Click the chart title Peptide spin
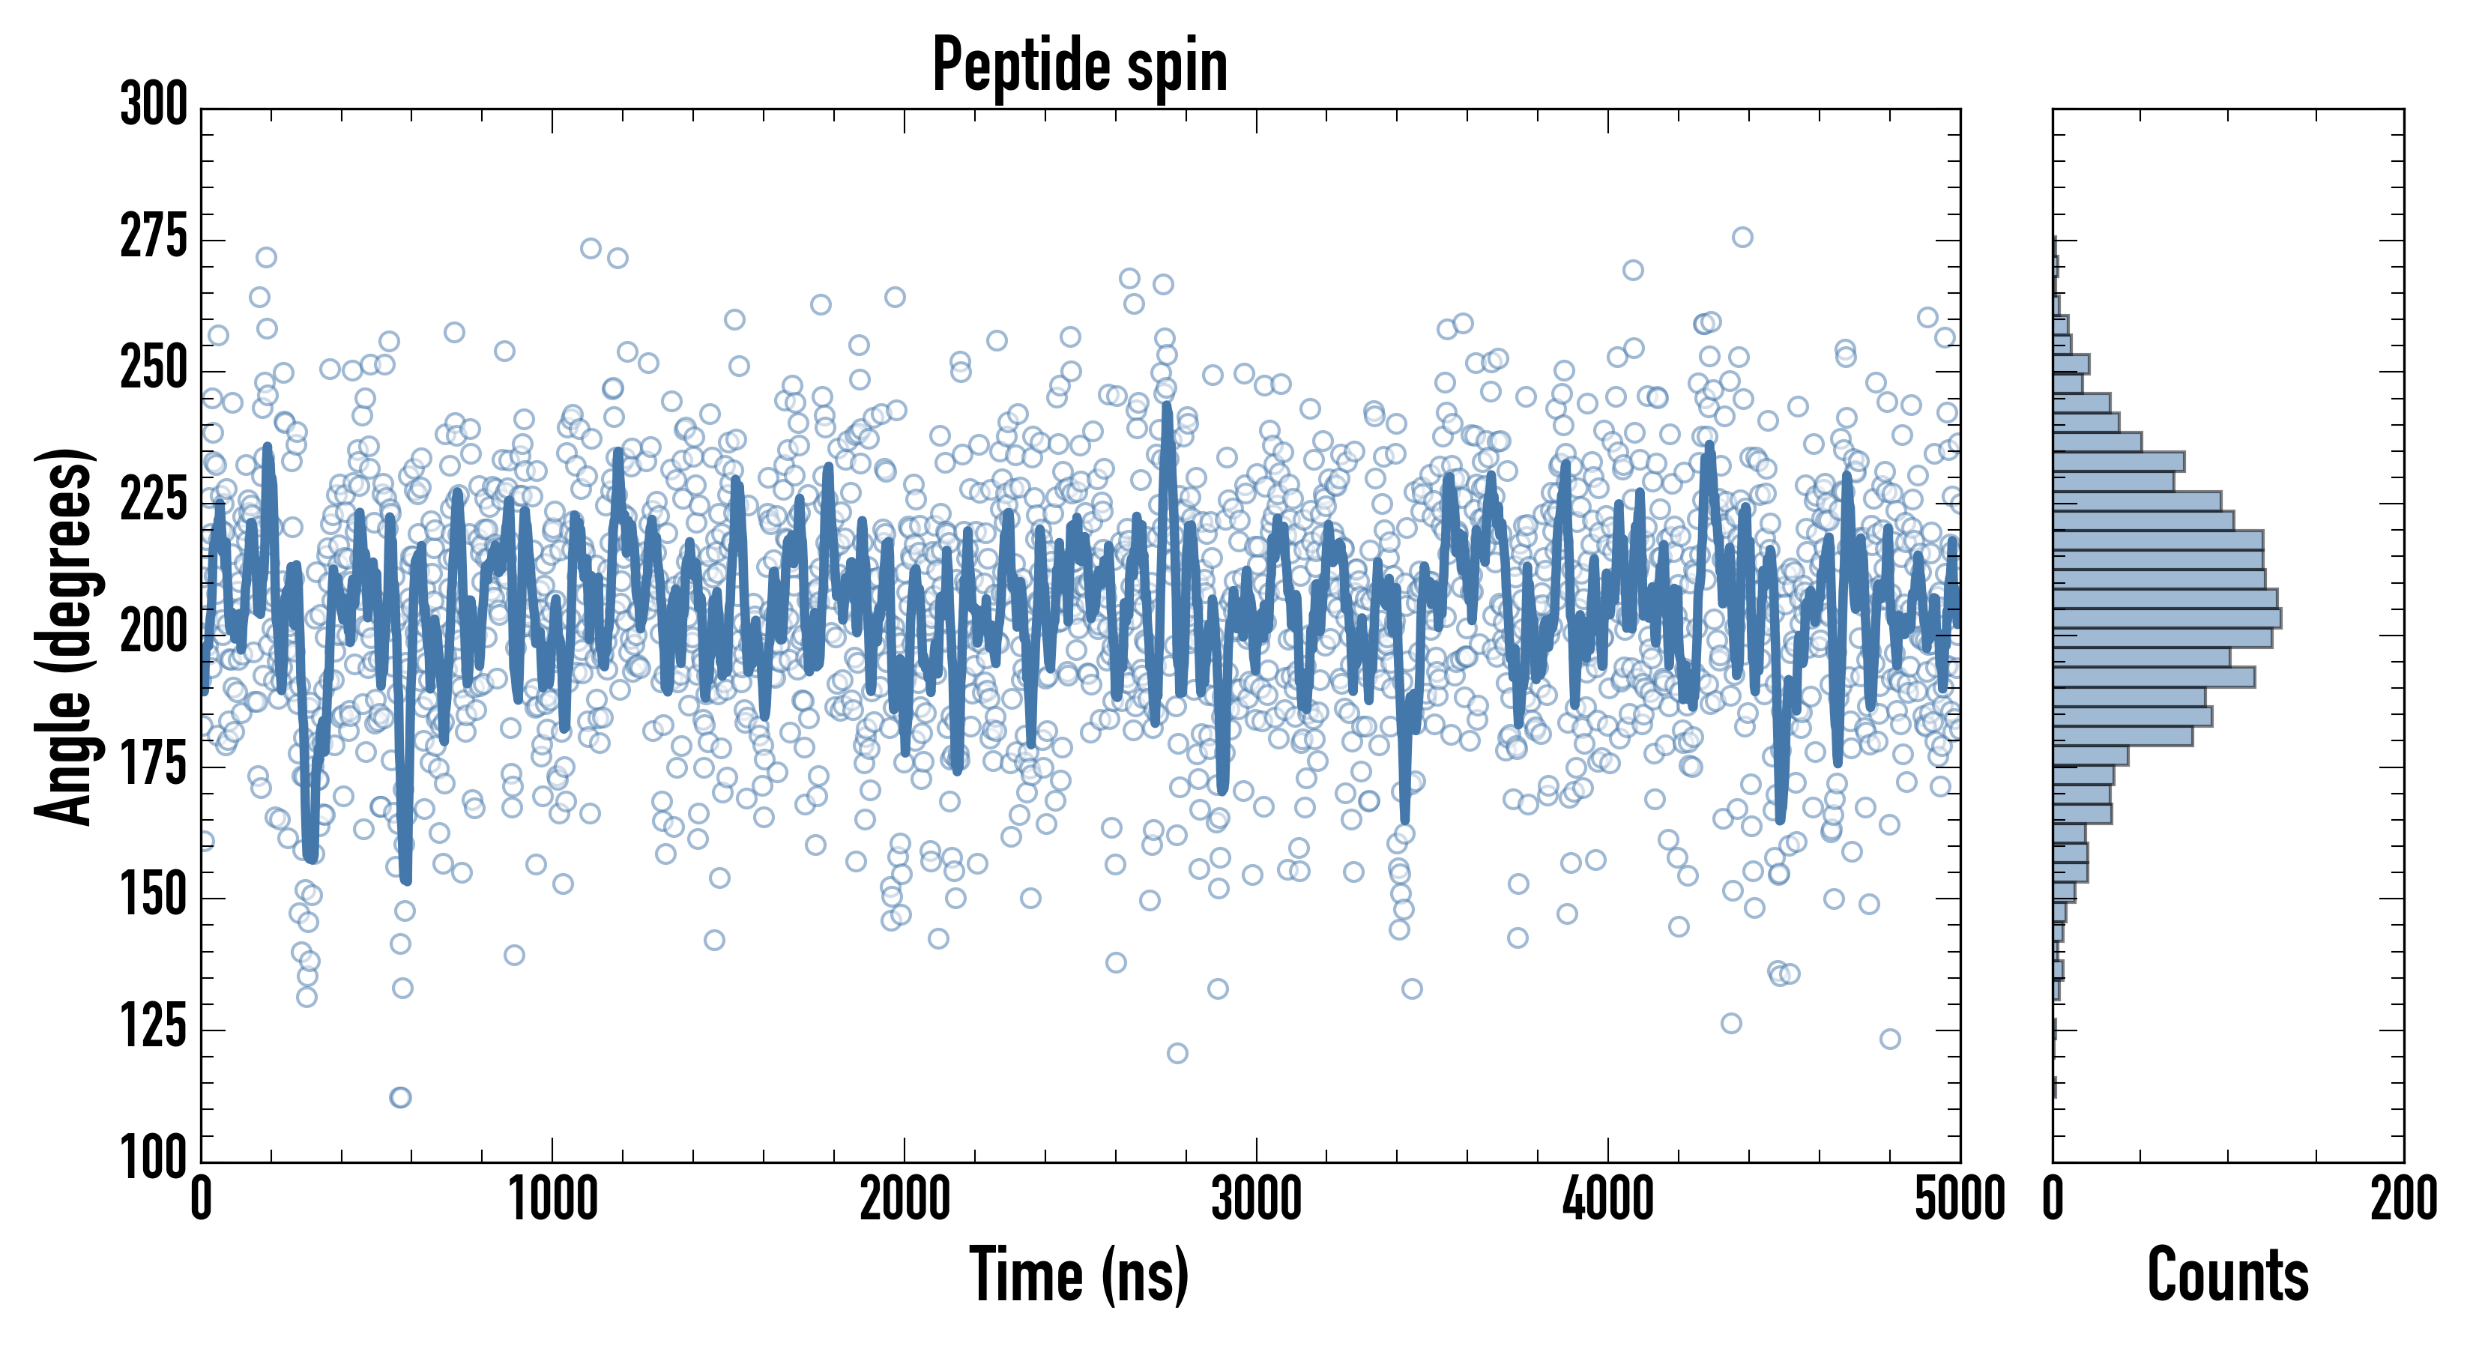(x=1080, y=65)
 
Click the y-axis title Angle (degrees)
(x=65, y=636)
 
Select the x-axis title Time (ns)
(x=1080, y=1275)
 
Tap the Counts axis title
(x=2228, y=1275)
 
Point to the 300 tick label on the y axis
(x=154, y=105)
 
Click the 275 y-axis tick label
(x=154, y=236)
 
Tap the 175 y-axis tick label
(x=154, y=764)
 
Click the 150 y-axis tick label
(x=154, y=895)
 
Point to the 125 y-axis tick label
(x=154, y=1027)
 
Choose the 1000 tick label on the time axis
(x=553, y=1199)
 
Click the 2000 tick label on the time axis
(x=905, y=1199)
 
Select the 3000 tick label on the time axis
(x=1256, y=1199)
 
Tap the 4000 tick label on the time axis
(x=1608, y=1199)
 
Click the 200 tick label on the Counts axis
(x=2404, y=1199)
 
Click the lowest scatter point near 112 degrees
(x=400, y=1097)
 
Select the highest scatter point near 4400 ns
(x=1742, y=237)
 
